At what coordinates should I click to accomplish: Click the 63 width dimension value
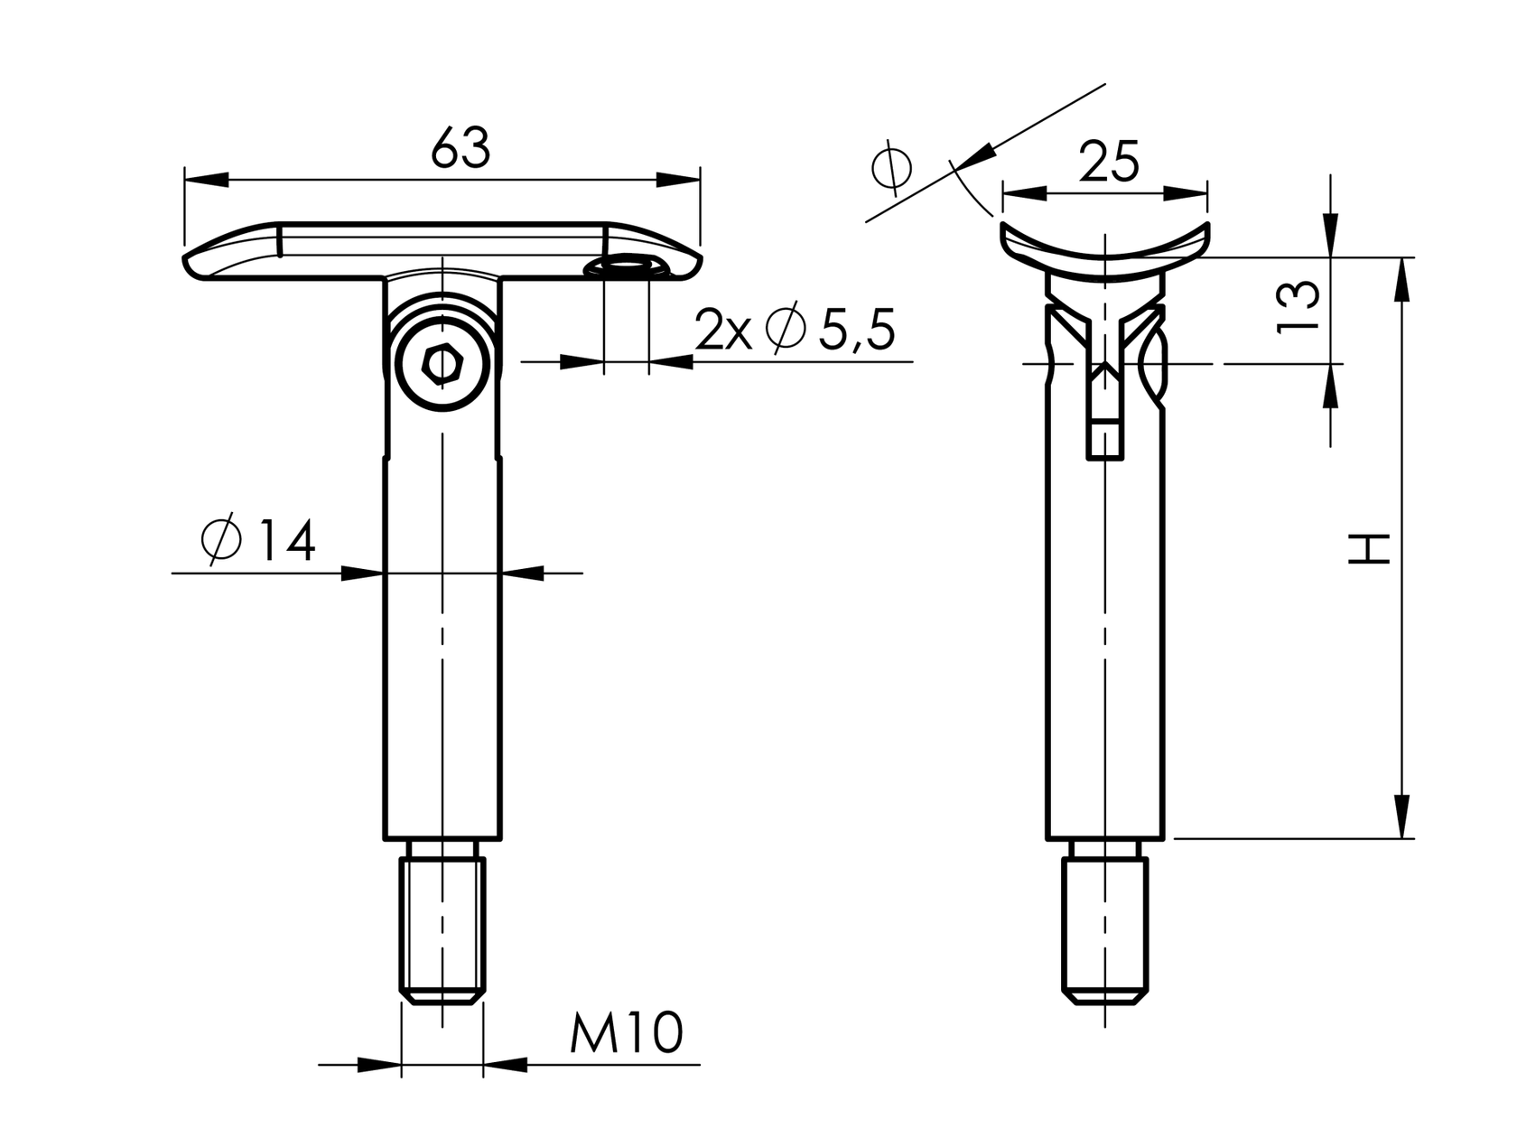tap(461, 149)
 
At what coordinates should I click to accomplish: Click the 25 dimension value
tap(1108, 163)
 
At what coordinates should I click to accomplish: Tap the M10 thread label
tap(626, 1033)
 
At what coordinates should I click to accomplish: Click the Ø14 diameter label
tap(258, 541)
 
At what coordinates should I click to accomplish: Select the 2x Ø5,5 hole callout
tap(795, 330)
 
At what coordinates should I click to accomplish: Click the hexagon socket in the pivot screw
tap(442, 366)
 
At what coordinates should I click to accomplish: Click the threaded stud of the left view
tap(442, 930)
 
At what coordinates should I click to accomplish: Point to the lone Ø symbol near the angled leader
tap(892, 167)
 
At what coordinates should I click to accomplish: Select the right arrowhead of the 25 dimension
tap(1187, 193)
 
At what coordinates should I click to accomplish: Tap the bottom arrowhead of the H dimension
tap(1401, 816)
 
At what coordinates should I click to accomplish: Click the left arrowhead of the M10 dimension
tap(379, 1066)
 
